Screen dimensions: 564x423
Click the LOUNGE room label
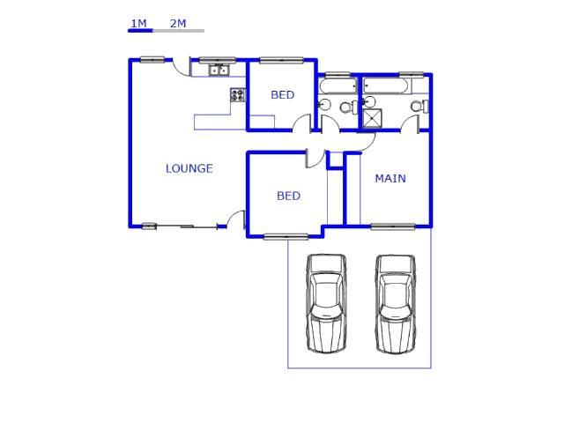189,168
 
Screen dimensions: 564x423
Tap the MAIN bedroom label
390,178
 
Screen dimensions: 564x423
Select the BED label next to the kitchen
283,95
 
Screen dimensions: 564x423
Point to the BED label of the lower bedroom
288,196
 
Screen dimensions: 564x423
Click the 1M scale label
139,24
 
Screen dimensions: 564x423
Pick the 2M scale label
178,24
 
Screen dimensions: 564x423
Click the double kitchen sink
219,70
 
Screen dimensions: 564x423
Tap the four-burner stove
237,95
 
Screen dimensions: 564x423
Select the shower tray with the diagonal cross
372,118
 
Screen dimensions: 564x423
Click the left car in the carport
326,303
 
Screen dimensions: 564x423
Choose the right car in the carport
396,304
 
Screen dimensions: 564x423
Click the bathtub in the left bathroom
338,86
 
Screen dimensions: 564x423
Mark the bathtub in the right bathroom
386,86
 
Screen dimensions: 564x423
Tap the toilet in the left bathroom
349,108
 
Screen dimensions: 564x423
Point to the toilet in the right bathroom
419,107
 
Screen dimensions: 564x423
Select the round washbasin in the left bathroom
324,105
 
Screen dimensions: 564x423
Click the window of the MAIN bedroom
393,226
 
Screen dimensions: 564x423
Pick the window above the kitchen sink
218,60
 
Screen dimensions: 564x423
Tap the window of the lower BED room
286,237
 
